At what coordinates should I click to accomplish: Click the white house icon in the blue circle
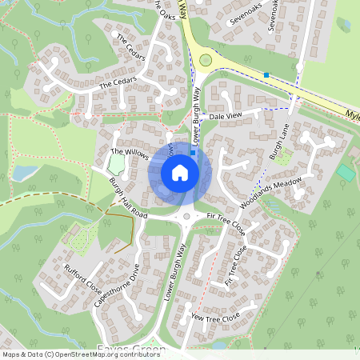pyautogui.click(x=180, y=172)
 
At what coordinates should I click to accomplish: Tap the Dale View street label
pyautogui.click(x=225, y=117)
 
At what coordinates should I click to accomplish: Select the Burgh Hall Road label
pyautogui.click(x=129, y=199)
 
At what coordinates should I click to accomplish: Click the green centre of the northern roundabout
pyautogui.click(x=206, y=58)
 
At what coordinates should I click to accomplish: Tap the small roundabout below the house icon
pyautogui.click(x=187, y=216)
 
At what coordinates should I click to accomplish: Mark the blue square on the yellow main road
pyautogui.click(x=266, y=75)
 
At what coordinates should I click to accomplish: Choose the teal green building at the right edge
pyautogui.click(x=346, y=172)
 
